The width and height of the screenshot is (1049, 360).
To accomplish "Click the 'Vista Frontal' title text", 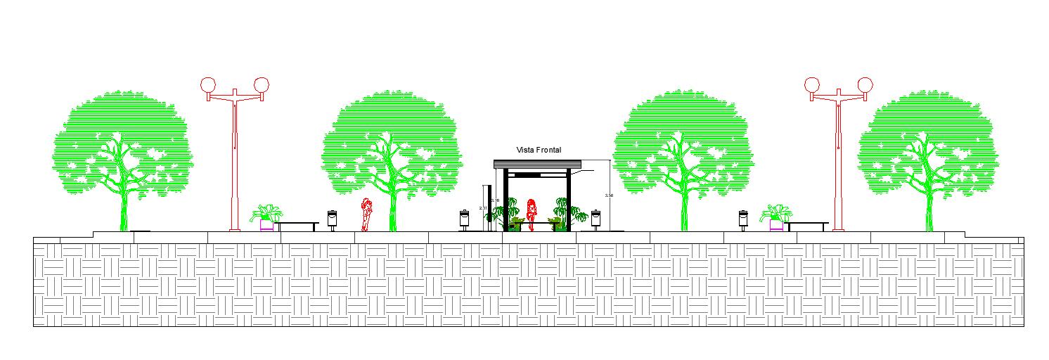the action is click(x=539, y=150).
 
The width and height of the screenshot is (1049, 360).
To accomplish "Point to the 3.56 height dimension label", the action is click(x=609, y=195).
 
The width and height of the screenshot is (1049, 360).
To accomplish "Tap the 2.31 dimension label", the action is click(x=482, y=208).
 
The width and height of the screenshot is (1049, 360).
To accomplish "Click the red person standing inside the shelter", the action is click(x=532, y=214).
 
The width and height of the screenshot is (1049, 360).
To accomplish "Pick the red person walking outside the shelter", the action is click(x=366, y=214).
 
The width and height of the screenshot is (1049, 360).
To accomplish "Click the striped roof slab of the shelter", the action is click(x=539, y=165).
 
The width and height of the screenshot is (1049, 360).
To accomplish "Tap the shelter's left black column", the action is click(x=506, y=200).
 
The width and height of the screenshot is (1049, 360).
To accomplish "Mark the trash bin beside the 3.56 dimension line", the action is click(x=596, y=218).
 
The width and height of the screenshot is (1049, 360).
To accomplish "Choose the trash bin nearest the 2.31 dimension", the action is click(x=465, y=218).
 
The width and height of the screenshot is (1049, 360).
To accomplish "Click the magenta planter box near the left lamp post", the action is click(x=266, y=225).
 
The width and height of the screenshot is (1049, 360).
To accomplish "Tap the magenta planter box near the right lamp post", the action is click(x=776, y=225).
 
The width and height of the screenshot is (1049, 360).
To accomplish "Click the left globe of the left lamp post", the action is click(x=208, y=85).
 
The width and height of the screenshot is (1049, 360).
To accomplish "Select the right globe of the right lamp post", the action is click(x=865, y=85).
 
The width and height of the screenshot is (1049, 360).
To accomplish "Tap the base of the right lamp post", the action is click(x=838, y=228).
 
